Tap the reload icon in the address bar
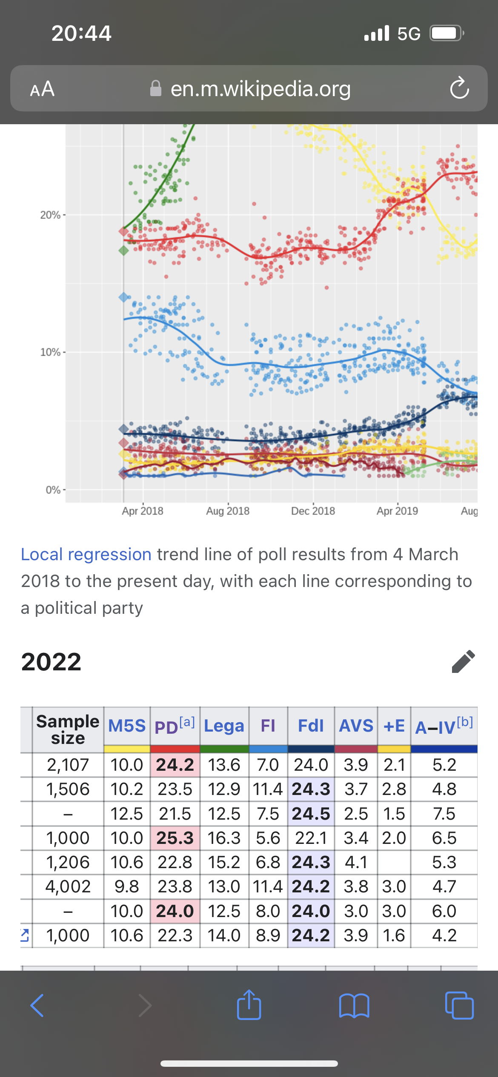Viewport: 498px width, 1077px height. click(459, 88)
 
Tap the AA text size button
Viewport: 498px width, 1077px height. click(42, 89)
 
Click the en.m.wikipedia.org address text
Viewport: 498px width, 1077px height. click(260, 89)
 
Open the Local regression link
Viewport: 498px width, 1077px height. click(86, 555)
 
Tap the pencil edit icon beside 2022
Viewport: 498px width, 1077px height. click(463, 661)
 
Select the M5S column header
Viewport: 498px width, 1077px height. click(126, 726)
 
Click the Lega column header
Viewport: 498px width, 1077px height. click(224, 726)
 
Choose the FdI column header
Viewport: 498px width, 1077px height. click(311, 726)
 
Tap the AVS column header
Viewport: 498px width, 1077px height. click(356, 726)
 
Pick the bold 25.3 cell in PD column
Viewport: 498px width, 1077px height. click(175, 838)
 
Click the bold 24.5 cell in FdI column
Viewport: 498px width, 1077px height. click(311, 814)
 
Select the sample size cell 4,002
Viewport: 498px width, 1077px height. click(68, 886)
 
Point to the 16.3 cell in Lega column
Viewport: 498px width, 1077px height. click(224, 838)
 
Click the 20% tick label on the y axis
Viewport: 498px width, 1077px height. click(50, 215)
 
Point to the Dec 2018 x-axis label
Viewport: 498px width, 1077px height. click(313, 511)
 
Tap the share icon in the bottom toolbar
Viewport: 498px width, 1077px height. click(249, 1005)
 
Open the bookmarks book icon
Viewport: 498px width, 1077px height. click(354, 1006)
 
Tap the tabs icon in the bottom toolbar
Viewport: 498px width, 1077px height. click(459, 1006)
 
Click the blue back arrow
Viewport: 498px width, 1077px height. click(37, 1006)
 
